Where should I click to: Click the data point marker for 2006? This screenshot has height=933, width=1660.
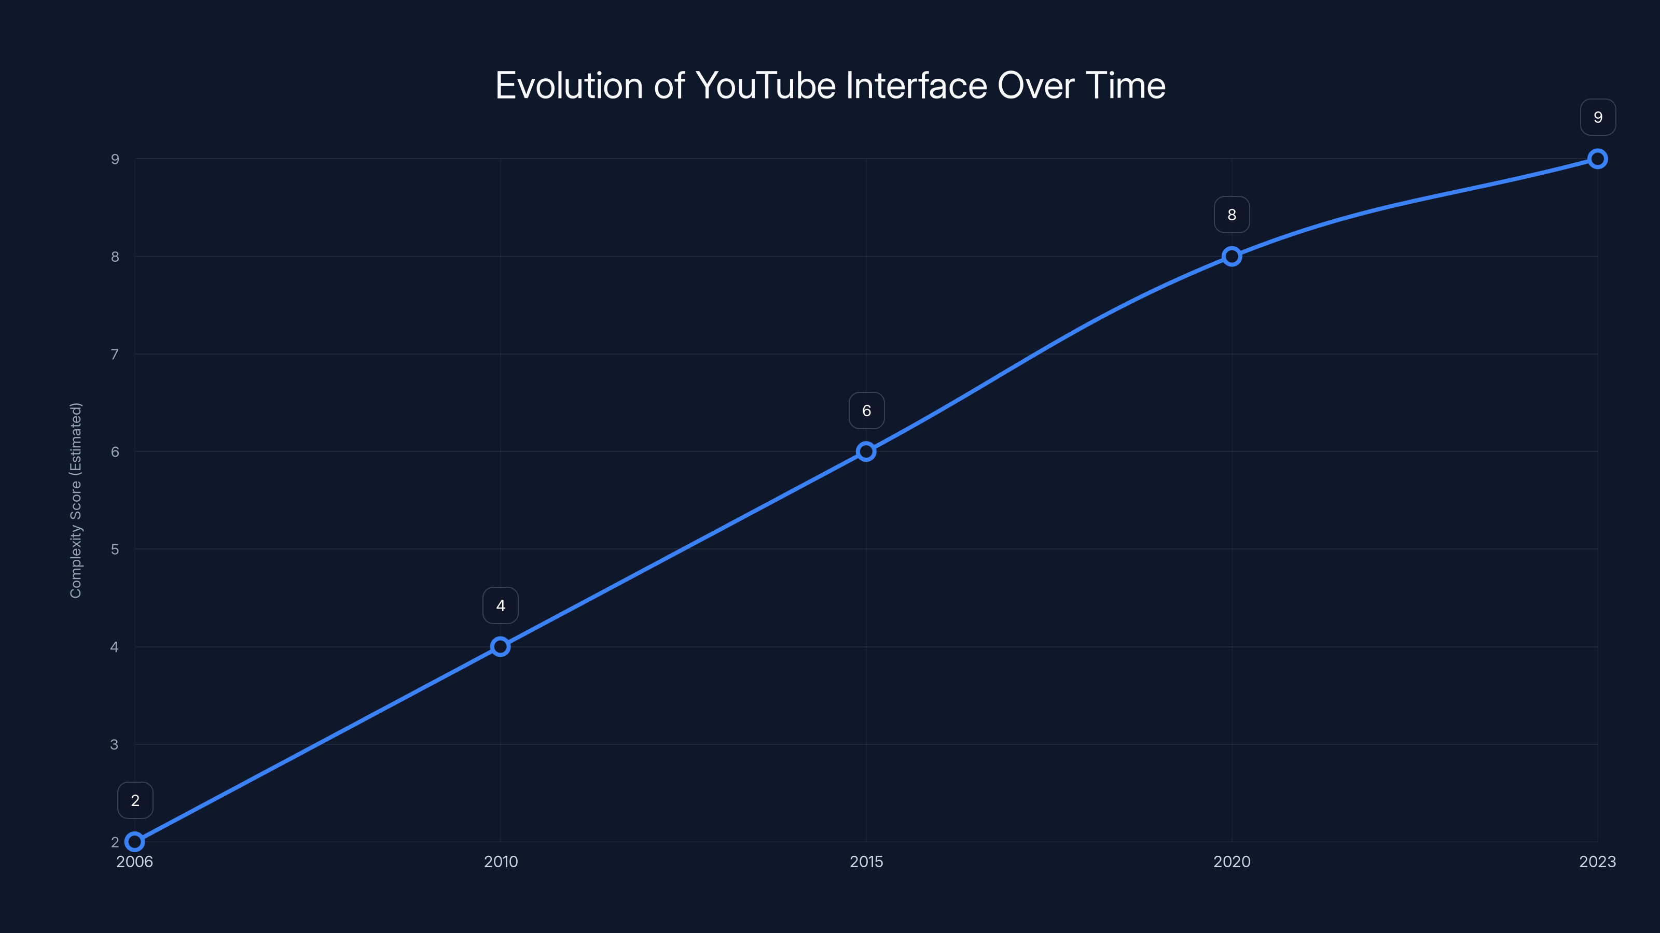click(x=135, y=842)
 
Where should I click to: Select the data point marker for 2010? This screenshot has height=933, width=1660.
click(x=500, y=646)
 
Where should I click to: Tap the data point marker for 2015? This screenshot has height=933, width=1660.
click(x=866, y=451)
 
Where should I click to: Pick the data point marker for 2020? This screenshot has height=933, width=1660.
click(x=1232, y=256)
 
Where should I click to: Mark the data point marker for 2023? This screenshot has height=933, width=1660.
click(x=1598, y=159)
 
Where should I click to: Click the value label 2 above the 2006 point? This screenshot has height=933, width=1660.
click(x=135, y=800)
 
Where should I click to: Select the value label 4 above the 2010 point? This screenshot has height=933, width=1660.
click(x=501, y=605)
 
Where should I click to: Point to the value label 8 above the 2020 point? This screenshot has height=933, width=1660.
click(x=1232, y=215)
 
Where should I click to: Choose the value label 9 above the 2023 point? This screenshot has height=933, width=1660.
click(x=1598, y=117)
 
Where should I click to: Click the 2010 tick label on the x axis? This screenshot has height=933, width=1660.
click(x=501, y=861)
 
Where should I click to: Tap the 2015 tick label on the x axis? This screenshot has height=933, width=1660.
click(x=866, y=861)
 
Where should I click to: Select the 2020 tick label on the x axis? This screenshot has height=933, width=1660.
click(x=1232, y=861)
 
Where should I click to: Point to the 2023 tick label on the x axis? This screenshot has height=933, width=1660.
click(x=1598, y=861)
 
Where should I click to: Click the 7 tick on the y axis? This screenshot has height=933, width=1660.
click(x=115, y=354)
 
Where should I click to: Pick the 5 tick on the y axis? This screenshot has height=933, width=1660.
click(x=115, y=549)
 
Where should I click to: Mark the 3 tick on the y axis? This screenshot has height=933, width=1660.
click(x=115, y=744)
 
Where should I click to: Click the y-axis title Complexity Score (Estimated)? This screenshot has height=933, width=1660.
click(x=76, y=500)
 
